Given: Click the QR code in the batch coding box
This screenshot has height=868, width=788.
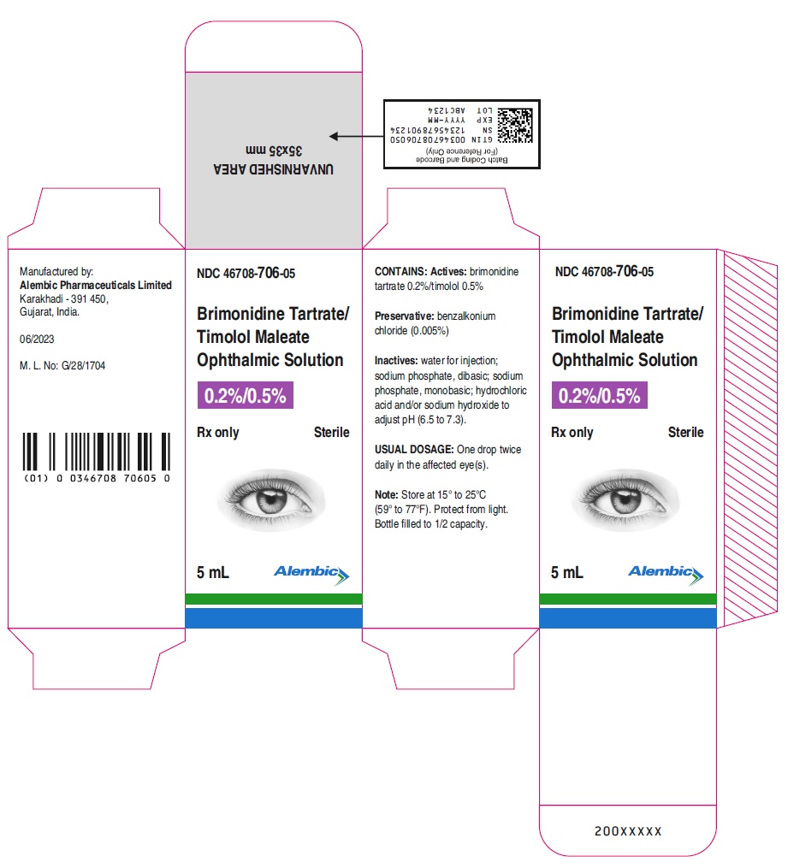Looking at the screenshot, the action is point(515,125).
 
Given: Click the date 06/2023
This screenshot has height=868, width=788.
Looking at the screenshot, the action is point(37,339).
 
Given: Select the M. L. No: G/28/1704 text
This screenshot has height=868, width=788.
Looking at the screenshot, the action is point(62,365).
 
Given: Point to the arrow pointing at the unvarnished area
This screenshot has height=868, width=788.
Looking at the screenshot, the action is point(356,136).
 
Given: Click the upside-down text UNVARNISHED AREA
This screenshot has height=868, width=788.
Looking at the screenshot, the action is point(274,168).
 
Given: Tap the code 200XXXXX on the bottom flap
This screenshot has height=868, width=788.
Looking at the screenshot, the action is point(628,831).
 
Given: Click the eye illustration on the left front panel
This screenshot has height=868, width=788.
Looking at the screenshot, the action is point(271,500).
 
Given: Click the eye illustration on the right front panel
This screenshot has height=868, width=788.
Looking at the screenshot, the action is point(625,500).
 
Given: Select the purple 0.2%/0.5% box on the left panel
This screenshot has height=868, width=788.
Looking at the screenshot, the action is point(246,395).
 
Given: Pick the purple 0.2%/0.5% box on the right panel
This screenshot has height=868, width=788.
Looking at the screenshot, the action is point(599,395).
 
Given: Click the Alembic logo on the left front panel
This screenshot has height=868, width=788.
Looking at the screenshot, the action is point(311,574).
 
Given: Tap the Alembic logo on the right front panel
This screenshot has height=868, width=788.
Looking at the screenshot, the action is point(666,574).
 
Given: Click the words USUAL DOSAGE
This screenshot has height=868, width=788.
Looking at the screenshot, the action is point(414,450).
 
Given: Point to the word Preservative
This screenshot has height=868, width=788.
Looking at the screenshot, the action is point(404,316).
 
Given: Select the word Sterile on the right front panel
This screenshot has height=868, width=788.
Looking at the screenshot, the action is point(685,432).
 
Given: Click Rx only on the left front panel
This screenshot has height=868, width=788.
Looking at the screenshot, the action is point(217,433).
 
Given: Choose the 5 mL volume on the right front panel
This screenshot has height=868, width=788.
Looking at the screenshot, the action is point(567,572).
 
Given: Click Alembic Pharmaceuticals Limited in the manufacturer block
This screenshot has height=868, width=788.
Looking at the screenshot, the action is point(96,285).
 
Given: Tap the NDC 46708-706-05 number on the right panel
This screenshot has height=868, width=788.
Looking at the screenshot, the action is point(604,271).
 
